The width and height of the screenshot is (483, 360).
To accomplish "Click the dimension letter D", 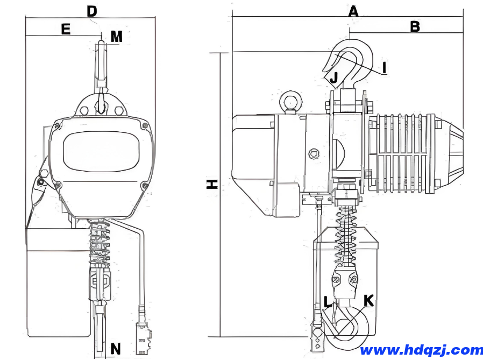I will (x=92, y=10).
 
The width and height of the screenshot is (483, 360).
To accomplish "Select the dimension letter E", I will (x=66, y=29).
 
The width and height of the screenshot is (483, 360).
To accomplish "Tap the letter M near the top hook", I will (x=117, y=36).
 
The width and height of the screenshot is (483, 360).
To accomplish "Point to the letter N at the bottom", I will (x=116, y=348).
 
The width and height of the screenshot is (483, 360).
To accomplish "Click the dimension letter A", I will (x=353, y=11).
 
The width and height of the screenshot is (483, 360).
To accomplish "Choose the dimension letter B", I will (x=415, y=26).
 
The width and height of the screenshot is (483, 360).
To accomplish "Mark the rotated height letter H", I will (x=212, y=184).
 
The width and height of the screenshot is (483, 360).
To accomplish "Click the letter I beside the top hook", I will (x=384, y=67).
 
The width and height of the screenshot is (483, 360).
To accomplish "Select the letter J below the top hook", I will (x=333, y=78).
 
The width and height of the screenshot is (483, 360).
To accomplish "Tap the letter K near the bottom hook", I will (x=368, y=300).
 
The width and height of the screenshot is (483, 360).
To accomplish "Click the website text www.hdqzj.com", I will (x=421, y=350).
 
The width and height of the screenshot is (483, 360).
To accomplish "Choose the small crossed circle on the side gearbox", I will (x=312, y=154).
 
